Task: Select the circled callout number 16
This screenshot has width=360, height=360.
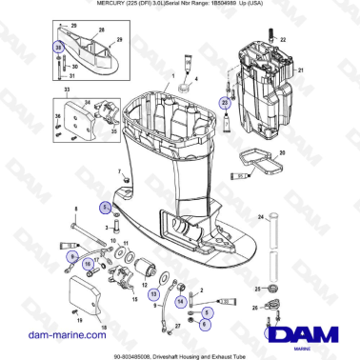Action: (87, 264)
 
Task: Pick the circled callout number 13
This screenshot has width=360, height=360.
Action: (154, 295)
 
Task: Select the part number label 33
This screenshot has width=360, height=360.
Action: (66, 89)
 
